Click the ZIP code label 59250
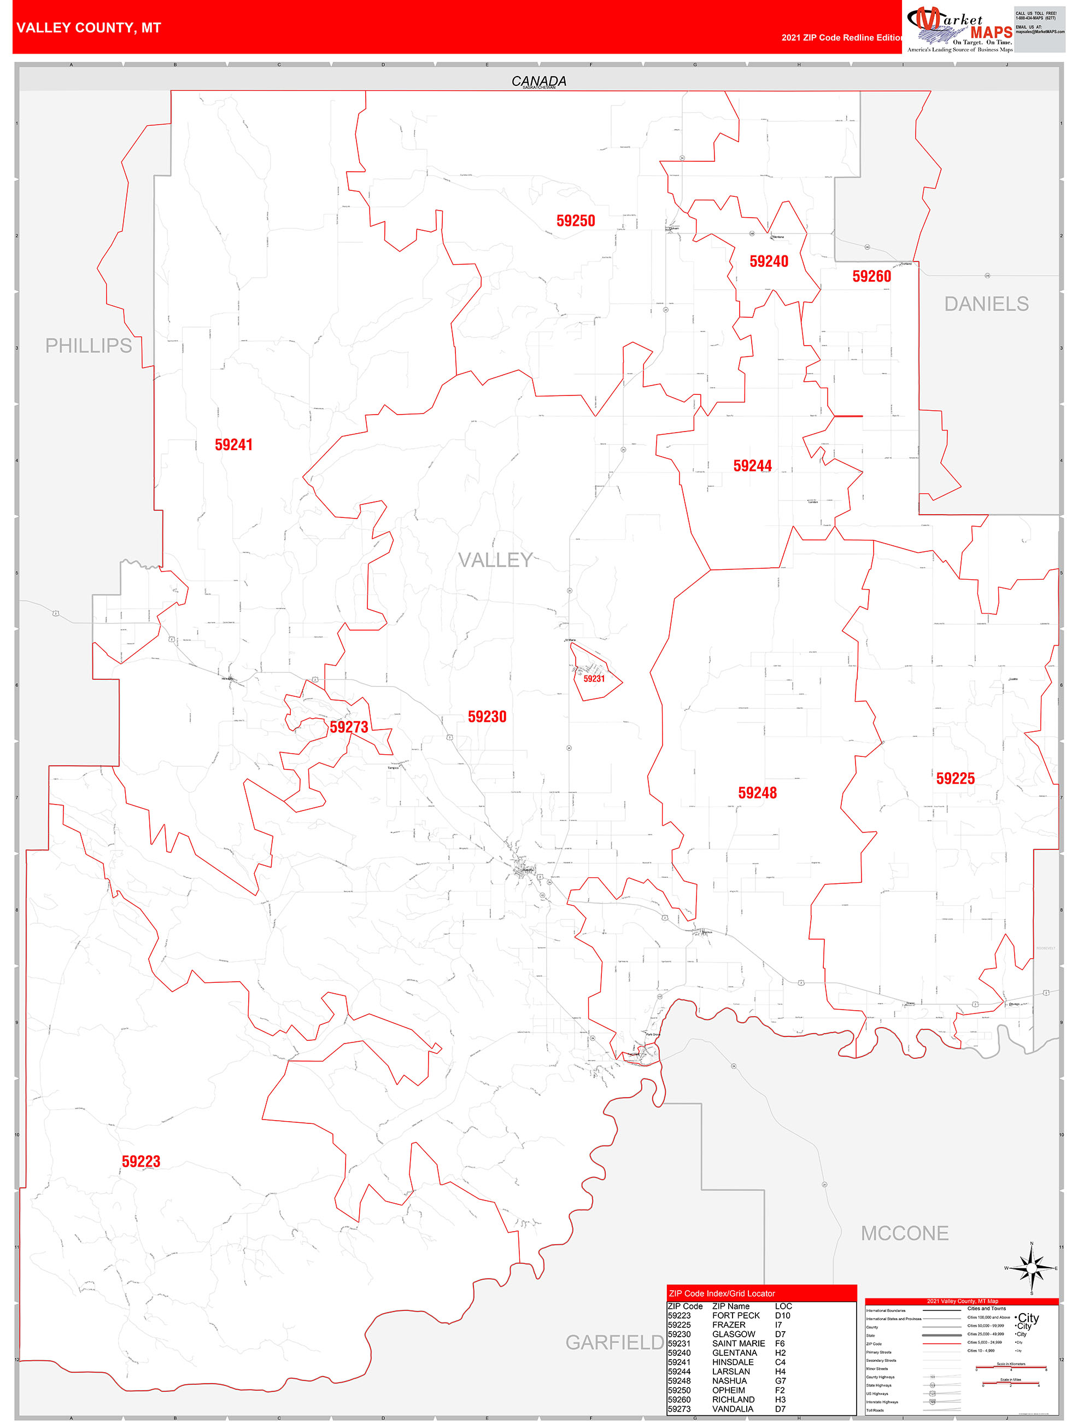(x=575, y=220)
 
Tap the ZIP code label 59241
(x=233, y=444)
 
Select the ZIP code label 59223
(x=140, y=1161)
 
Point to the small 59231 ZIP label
(x=594, y=678)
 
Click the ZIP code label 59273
(x=349, y=726)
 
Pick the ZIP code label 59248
(x=757, y=792)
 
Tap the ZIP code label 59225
(x=955, y=778)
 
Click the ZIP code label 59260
(x=871, y=276)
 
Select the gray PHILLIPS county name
(x=88, y=345)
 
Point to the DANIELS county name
(x=986, y=304)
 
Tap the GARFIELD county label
(x=614, y=1342)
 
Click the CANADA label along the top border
(x=538, y=81)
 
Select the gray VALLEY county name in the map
(x=495, y=560)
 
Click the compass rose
(x=1032, y=1268)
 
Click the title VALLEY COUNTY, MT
(x=89, y=28)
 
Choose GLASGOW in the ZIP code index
(x=733, y=1334)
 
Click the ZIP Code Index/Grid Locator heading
(x=722, y=1293)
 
